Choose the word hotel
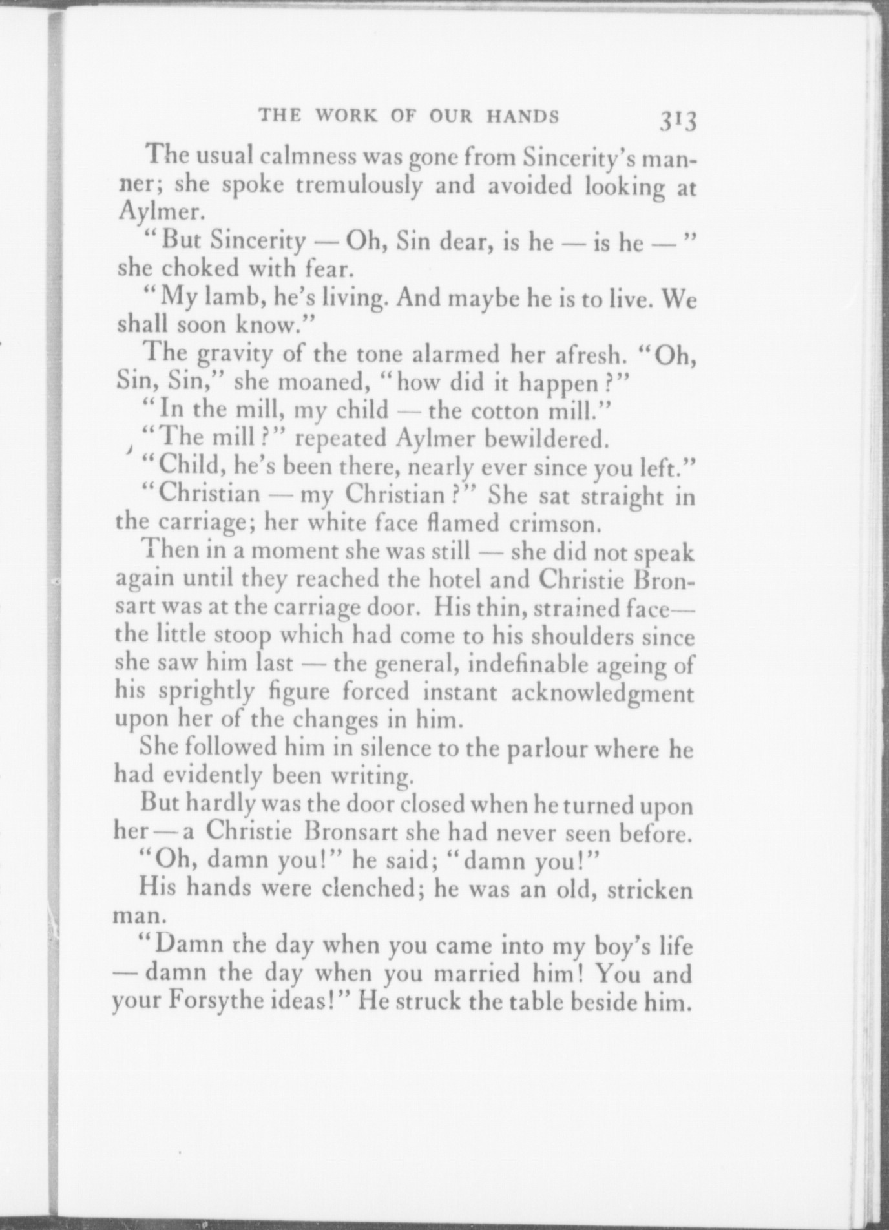point(455,579)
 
